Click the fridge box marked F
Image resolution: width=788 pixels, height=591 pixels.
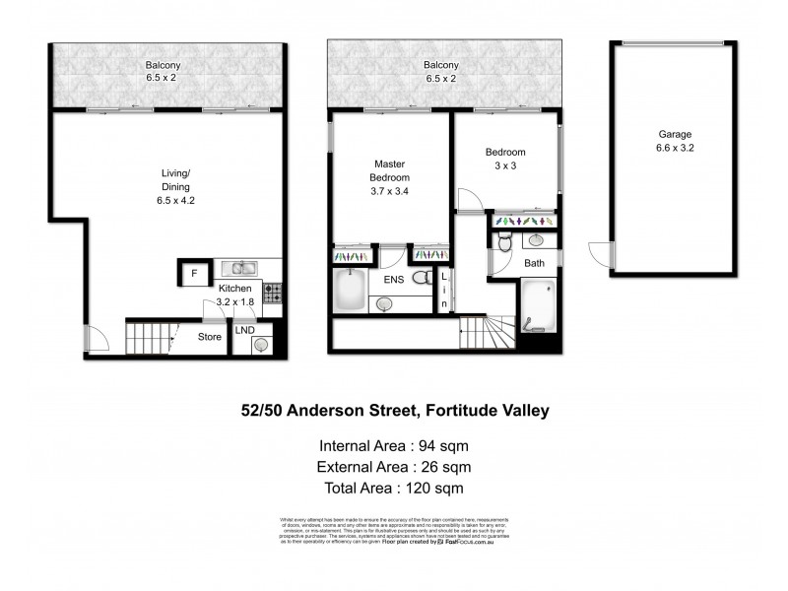point(194,273)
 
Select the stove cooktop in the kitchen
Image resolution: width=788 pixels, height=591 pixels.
point(273,293)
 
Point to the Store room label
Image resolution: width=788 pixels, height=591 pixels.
point(210,337)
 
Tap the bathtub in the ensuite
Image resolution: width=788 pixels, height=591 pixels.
point(351,290)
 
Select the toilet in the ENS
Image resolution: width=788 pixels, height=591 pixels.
point(422,279)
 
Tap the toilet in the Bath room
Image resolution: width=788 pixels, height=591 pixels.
point(504,242)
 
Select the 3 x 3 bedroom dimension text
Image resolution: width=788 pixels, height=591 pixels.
point(504,167)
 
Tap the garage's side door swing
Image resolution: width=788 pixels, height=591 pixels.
point(599,254)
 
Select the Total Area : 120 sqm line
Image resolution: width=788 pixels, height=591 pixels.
point(393,487)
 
